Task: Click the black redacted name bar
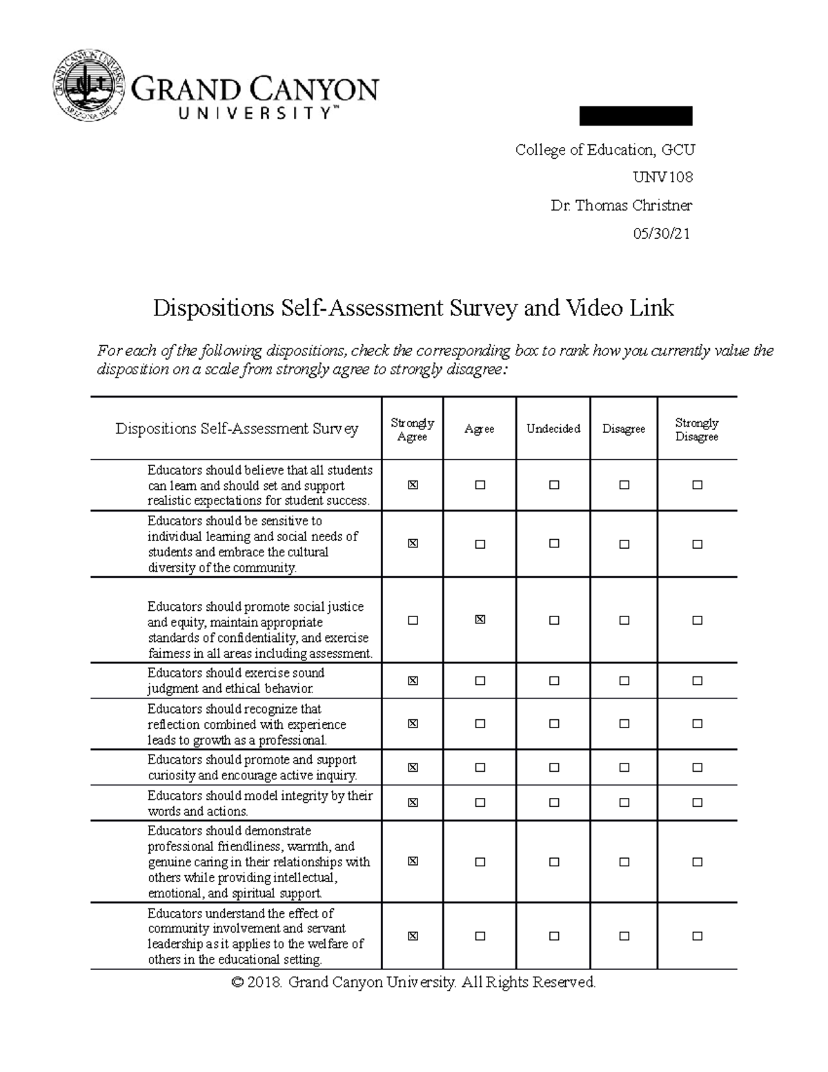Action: click(x=635, y=116)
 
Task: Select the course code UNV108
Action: click(x=662, y=177)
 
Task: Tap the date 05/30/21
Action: click(x=661, y=233)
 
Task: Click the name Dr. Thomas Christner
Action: click(x=621, y=205)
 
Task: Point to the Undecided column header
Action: click(x=553, y=429)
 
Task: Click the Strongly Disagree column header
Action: click(x=696, y=429)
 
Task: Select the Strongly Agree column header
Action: click(x=412, y=429)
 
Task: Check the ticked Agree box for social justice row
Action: click(x=480, y=620)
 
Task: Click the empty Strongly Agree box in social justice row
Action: click(x=413, y=621)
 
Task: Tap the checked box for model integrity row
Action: click(x=413, y=803)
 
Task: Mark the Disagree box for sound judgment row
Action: click(x=624, y=681)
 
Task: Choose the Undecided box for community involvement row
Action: click(x=554, y=937)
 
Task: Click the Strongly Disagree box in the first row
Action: click(x=697, y=485)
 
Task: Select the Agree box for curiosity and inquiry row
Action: click(x=480, y=768)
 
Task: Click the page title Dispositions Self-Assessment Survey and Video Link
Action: click(x=413, y=308)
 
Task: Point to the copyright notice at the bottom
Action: click(x=413, y=982)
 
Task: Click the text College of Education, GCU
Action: click(x=604, y=150)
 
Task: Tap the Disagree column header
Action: click(x=624, y=429)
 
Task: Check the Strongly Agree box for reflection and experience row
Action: click(x=413, y=724)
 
